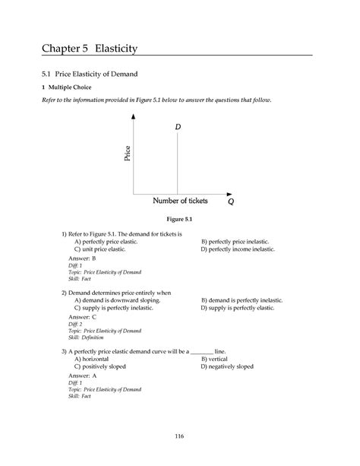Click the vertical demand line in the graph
pos(178,167)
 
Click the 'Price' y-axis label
pos(128,154)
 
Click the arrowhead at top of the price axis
pos(134,116)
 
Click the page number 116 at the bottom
pos(179,435)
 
